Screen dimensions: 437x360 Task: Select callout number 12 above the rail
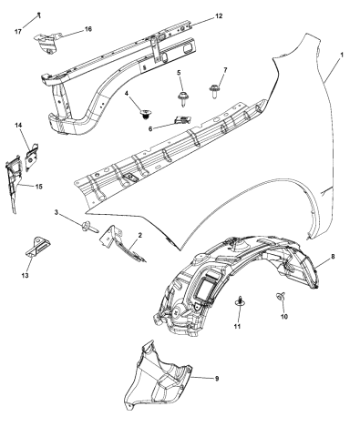click(x=218, y=16)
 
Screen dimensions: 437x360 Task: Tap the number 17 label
click(x=18, y=32)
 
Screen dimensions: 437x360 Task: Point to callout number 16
click(x=88, y=30)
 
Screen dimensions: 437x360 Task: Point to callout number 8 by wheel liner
click(x=333, y=259)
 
